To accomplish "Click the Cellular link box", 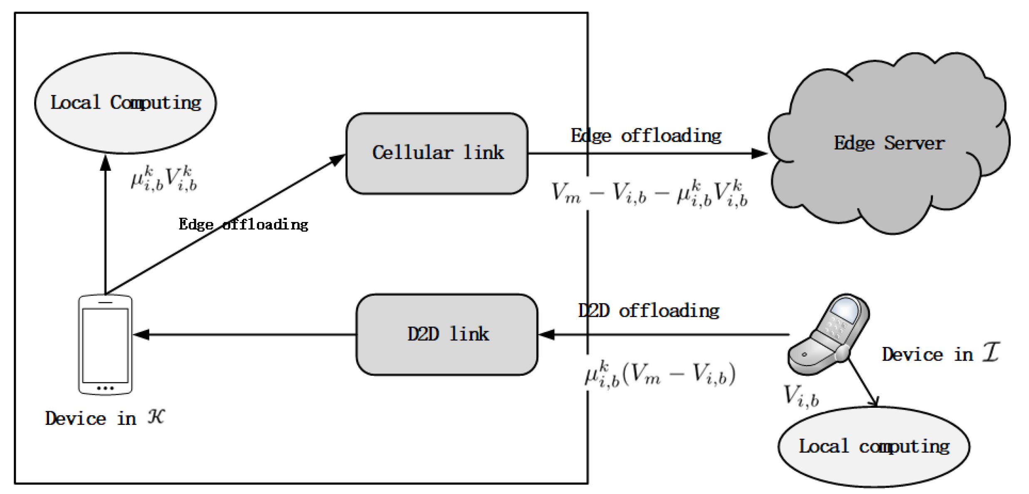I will tap(437, 153).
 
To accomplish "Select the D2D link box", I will tap(447, 334).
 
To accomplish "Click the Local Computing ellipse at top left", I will tap(125, 103).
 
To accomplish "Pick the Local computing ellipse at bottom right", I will tap(874, 447).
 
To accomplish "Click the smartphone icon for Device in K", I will tap(105, 344).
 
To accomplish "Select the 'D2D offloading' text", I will tap(648, 311).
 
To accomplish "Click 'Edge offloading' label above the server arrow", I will tap(646, 136).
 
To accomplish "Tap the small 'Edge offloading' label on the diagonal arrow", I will tap(243, 225).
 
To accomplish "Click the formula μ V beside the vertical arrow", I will tap(164, 179).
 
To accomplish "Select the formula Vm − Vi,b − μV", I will tap(649, 193).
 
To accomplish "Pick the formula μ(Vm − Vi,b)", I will tap(660, 374).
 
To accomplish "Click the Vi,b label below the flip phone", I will tap(801, 395).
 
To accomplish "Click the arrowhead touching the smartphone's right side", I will tap(142, 334).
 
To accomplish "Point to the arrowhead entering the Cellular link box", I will tap(337, 160).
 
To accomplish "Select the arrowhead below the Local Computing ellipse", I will tap(106, 163).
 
